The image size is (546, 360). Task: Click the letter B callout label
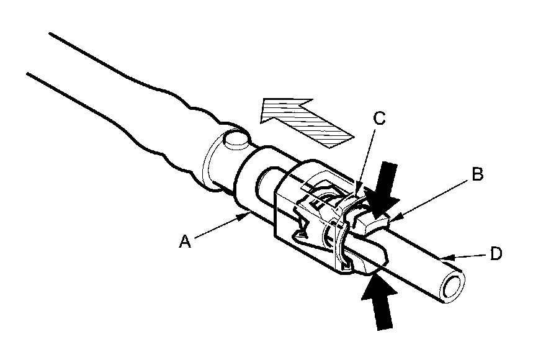[x=477, y=174]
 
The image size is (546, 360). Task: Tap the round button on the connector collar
[x=238, y=139]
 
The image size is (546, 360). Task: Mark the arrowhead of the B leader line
[x=393, y=217]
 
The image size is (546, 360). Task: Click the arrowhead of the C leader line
[x=359, y=191]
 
